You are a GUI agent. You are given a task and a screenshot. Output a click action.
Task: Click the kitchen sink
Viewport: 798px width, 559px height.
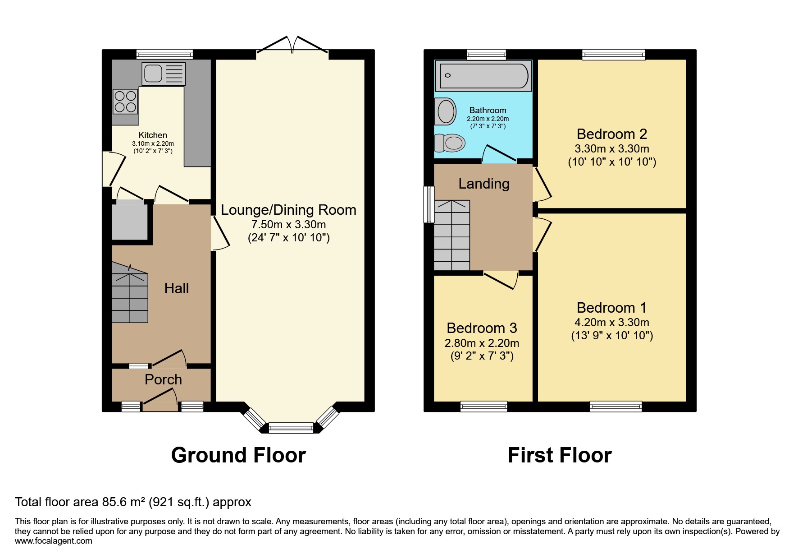[x=163, y=74]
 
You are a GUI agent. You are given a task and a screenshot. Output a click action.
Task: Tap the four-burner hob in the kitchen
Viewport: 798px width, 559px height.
[x=125, y=102]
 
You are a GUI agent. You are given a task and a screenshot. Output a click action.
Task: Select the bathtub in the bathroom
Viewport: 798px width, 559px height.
[x=483, y=75]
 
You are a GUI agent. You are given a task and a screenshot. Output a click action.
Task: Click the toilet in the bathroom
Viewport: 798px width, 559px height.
[x=449, y=143]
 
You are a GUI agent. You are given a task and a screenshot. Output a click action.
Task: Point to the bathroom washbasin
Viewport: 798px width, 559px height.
[x=446, y=111]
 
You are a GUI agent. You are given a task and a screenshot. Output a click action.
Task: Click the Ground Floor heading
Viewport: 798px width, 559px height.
[x=238, y=455]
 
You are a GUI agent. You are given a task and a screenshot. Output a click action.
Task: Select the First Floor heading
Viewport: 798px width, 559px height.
[x=560, y=455]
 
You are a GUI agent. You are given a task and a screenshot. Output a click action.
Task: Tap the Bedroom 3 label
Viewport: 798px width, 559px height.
[x=482, y=328]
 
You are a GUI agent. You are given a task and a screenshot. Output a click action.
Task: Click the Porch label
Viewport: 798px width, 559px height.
[x=163, y=379]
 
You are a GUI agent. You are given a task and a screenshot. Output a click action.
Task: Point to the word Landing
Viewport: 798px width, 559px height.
[x=484, y=184]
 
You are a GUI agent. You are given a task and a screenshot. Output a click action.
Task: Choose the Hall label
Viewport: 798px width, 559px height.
[x=177, y=288]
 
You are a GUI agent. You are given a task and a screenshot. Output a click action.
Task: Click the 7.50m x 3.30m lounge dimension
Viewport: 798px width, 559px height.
[x=288, y=224]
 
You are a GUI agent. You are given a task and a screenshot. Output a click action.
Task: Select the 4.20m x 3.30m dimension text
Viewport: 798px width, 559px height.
[x=612, y=322]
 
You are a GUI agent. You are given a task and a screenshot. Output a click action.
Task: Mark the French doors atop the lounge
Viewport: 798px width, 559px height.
[x=292, y=46]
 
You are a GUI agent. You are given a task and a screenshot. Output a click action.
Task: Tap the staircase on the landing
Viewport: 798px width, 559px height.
[x=451, y=235]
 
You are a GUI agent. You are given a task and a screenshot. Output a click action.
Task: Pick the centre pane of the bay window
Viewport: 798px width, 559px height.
[x=291, y=428]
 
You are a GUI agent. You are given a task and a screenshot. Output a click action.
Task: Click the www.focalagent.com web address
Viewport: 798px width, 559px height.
[x=54, y=541]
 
